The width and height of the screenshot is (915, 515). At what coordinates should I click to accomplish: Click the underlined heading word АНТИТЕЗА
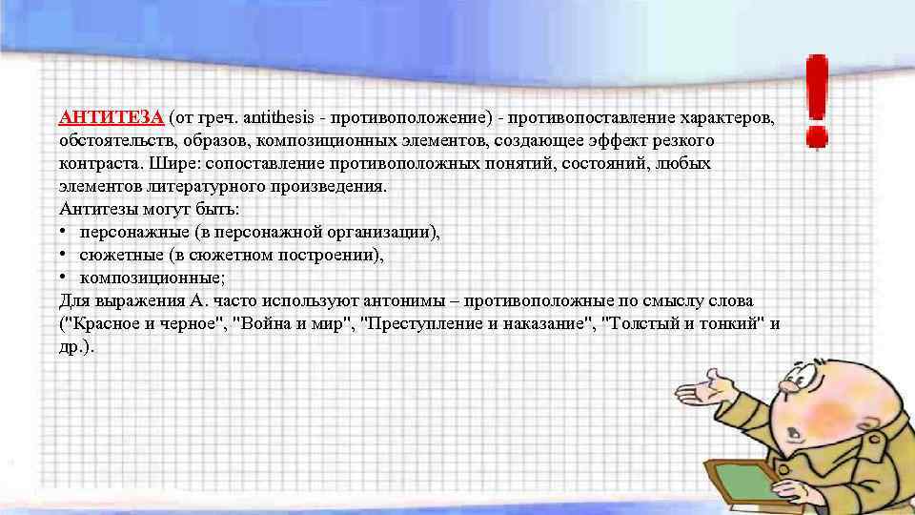point(111,117)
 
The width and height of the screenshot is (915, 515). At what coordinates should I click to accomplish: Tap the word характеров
point(725,117)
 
